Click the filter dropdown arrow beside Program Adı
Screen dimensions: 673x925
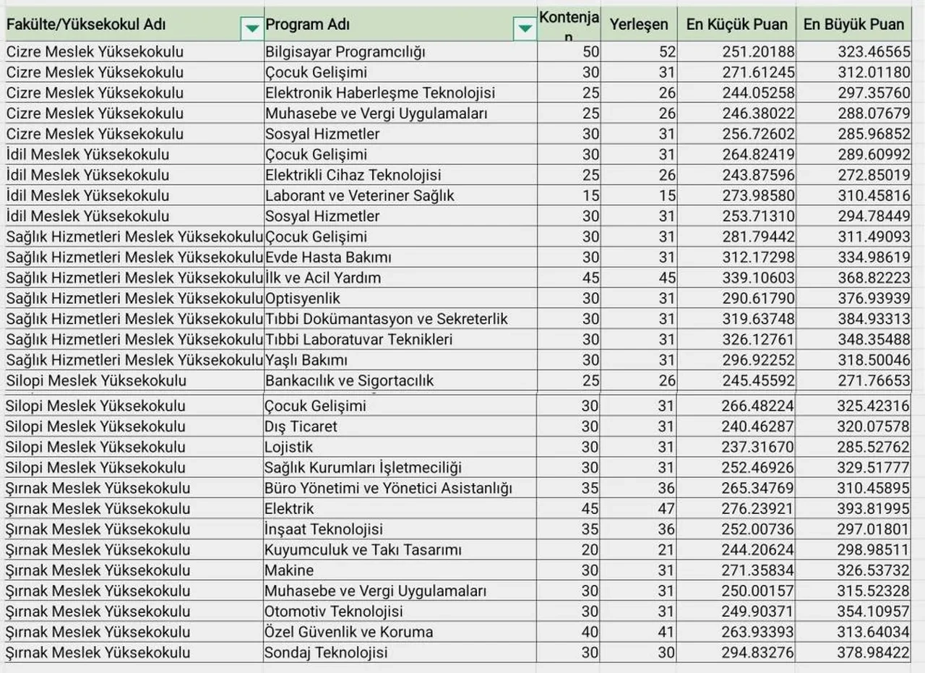[524, 28]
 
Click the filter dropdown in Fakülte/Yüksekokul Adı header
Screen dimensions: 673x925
[251, 28]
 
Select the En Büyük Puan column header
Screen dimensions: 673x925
[853, 24]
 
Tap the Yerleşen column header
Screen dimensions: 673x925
[638, 24]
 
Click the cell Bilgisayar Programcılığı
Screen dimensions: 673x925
[345, 52]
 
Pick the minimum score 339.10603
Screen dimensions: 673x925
[758, 278]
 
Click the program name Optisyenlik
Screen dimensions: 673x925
[303, 299]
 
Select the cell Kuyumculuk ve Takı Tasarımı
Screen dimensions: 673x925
[363, 550]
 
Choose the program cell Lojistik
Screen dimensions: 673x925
[289, 447]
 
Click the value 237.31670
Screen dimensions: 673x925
[758, 447]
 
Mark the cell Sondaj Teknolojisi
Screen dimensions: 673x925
[326, 653]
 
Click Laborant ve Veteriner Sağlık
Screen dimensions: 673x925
[360, 195]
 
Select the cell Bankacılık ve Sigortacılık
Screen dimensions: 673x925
[350, 380]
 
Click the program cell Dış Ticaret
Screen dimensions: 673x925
[301, 426]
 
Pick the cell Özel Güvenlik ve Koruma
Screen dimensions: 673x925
[349, 633]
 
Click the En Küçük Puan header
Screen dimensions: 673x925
[736, 24]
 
